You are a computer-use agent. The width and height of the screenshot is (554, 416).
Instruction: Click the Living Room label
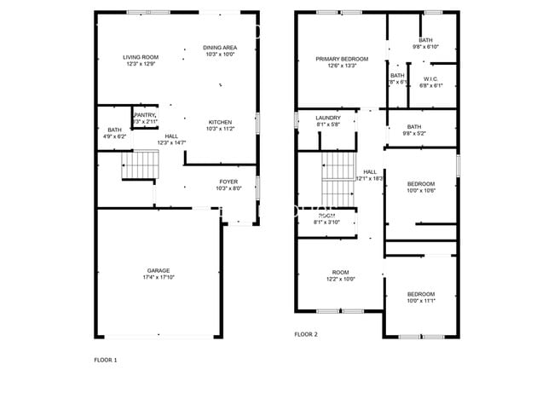point(141,57)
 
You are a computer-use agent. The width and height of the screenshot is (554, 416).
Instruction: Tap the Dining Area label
point(220,47)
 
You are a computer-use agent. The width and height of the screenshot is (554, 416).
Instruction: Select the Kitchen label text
point(220,122)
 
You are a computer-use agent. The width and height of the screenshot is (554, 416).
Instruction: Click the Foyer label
point(228,182)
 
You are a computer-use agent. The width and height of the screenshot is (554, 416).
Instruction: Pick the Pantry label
point(145,115)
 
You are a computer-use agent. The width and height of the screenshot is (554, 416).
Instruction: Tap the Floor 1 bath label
point(108,130)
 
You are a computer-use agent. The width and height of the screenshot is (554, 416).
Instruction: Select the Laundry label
point(328,118)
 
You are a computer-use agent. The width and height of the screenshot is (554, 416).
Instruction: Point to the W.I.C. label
point(430,79)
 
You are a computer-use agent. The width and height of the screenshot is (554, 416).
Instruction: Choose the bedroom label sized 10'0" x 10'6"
point(420,184)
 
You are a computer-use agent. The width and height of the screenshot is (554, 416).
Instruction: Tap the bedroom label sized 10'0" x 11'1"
point(420,294)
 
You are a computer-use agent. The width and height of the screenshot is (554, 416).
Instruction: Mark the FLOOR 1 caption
point(106,360)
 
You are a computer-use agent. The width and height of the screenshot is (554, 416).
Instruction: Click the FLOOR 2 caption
point(305,334)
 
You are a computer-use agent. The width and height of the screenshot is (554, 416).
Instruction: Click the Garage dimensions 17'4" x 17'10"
point(159,277)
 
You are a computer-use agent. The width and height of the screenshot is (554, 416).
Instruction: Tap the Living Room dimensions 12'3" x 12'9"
point(141,64)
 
